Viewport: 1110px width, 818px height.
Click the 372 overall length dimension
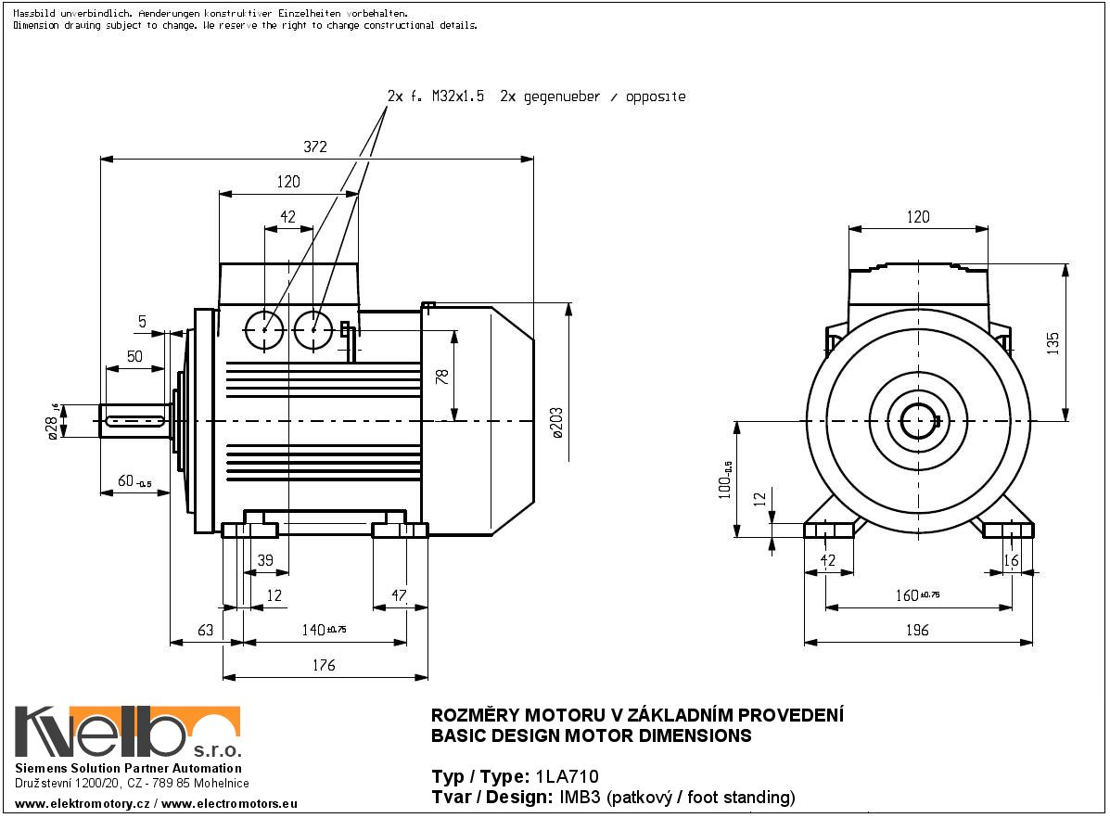tap(316, 147)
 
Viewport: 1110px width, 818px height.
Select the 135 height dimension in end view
tap(1053, 342)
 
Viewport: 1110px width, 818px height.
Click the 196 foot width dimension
tap(916, 631)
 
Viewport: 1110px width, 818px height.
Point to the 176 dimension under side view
tap(324, 665)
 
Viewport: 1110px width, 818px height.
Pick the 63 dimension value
tap(205, 631)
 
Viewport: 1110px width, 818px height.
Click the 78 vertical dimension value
tap(442, 377)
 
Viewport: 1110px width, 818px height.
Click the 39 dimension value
tap(265, 559)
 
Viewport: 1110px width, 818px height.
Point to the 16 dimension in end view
tap(1012, 560)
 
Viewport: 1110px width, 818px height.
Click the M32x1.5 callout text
tap(458, 96)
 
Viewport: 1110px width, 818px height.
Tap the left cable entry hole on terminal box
tap(265, 329)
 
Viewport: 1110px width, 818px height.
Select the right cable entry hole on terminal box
tap(313, 329)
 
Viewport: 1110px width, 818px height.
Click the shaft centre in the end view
tap(918, 422)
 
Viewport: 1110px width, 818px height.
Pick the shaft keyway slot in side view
tap(135, 422)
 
